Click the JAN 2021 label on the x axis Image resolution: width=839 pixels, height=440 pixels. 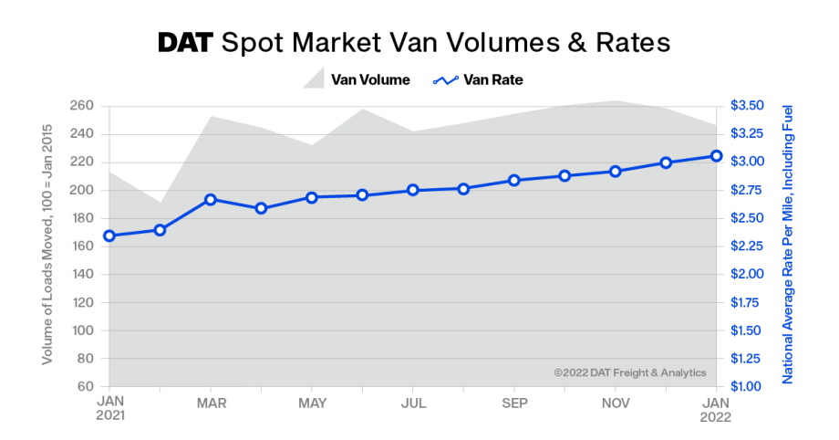(x=110, y=408)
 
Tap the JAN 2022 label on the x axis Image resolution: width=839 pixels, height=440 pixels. (x=716, y=408)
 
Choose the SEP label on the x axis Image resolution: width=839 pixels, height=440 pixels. (x=514, y=403)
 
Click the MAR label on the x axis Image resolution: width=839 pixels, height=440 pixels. (x=211, y=403)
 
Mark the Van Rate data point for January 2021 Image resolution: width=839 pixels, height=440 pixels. (x=109, y=236)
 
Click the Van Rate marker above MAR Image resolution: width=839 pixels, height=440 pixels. (x=211, y=199)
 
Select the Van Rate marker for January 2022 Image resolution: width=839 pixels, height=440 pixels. (x=716, y=156)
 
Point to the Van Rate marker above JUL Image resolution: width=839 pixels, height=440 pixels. (x=412, y=190)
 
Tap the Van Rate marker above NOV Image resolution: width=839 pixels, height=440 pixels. (x=615, y=172)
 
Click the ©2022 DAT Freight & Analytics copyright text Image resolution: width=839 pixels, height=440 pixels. (x=629, y=372)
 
